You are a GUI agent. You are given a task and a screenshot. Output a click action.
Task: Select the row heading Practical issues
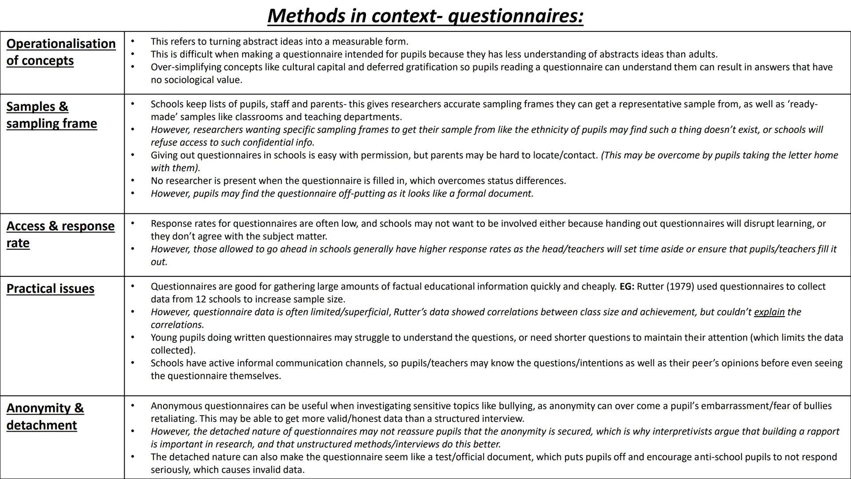coord(50,289)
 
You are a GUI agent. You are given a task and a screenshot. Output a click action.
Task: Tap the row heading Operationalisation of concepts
coord(61,52)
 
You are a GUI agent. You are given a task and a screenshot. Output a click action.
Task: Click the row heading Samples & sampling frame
coord(51,115)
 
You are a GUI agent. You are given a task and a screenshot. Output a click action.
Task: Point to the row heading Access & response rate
coord(60,234)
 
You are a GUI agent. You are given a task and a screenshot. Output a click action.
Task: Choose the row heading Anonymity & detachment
coord(45,416)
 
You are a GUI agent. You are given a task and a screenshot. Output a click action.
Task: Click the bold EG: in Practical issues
coord(627,287)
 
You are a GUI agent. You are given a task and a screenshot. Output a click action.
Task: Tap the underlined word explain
coord(769,312)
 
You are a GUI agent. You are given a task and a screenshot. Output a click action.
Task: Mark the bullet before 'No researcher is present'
coord(132,181)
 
